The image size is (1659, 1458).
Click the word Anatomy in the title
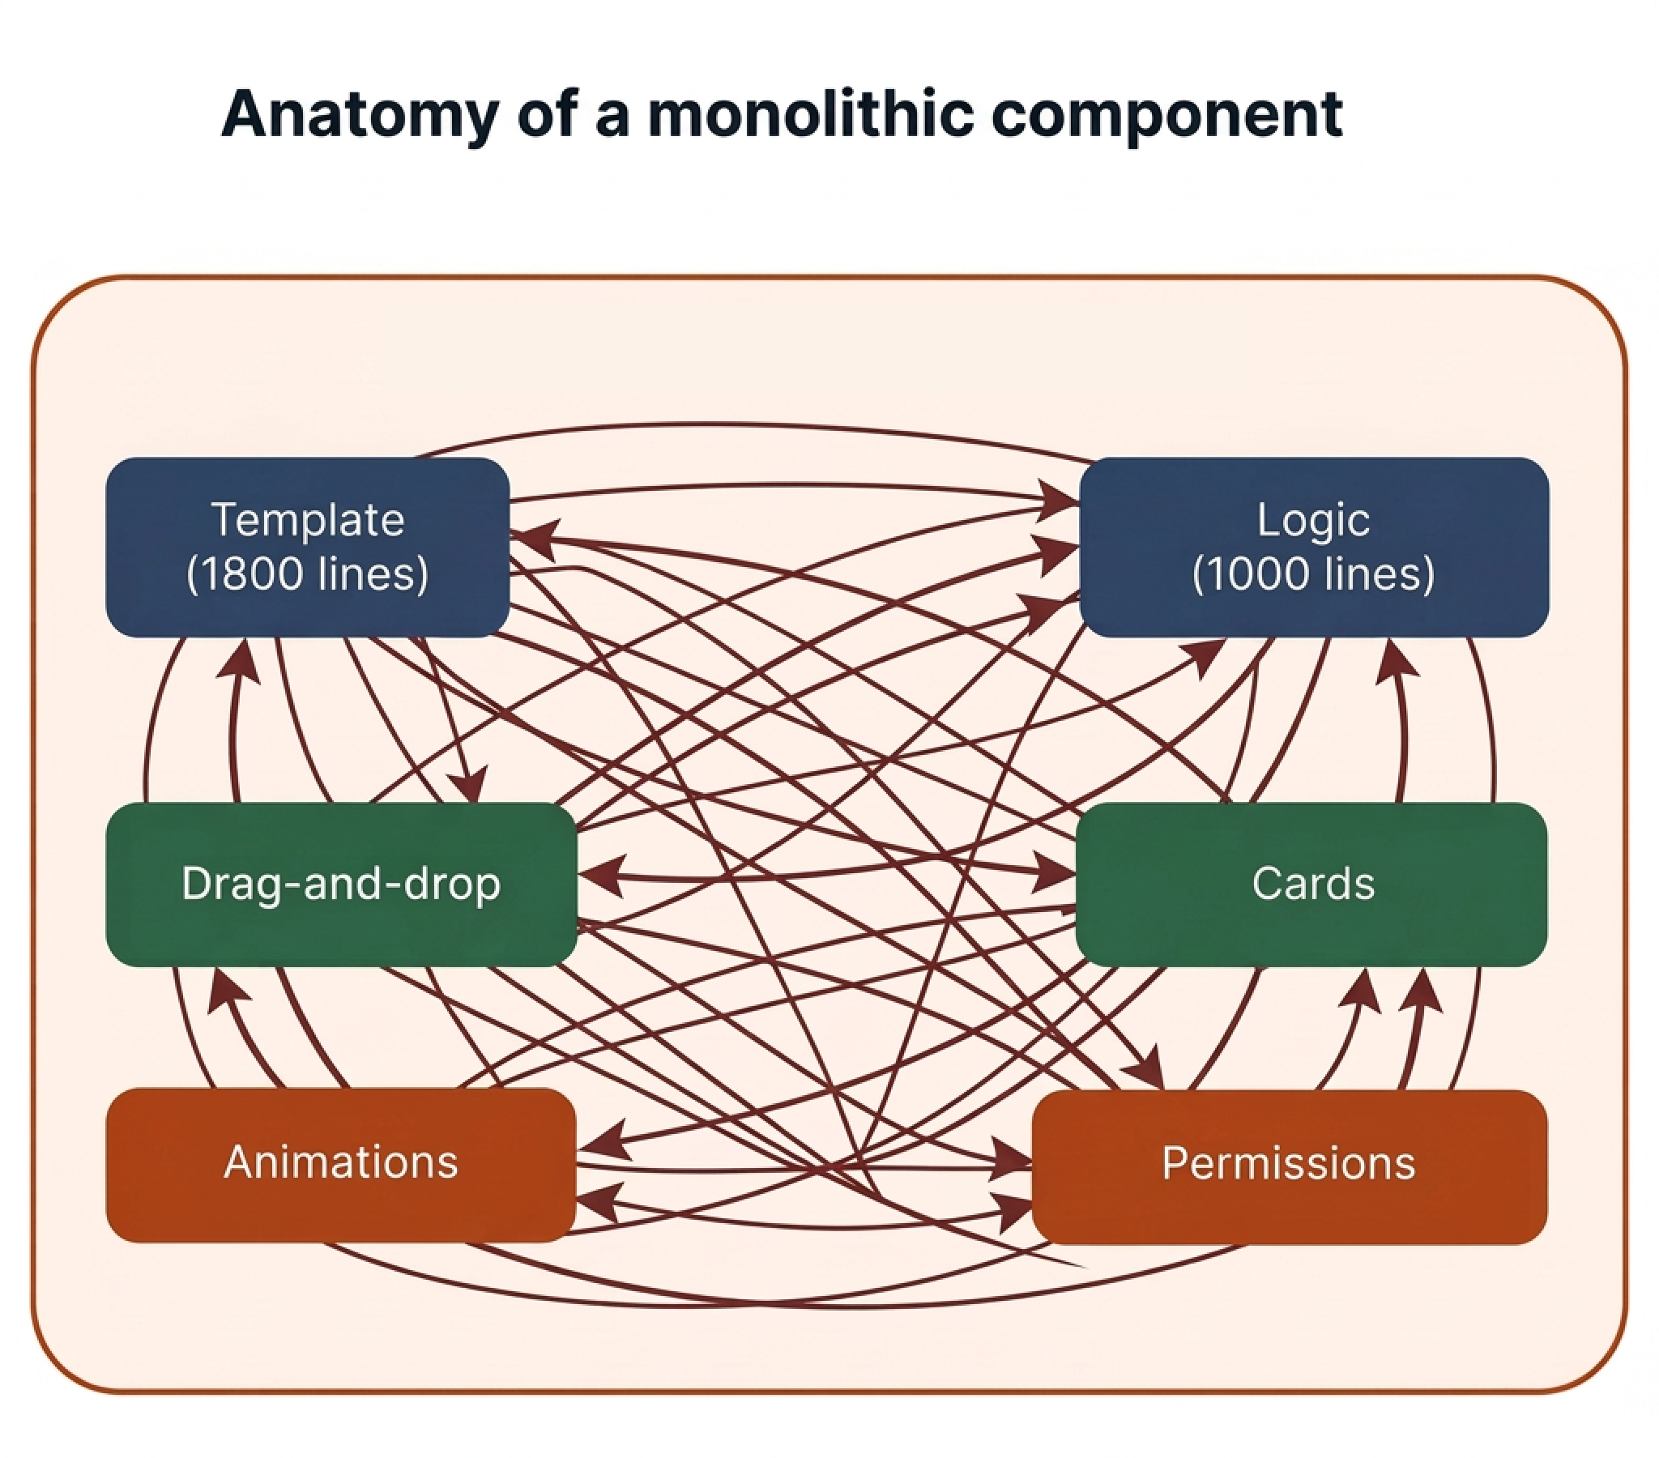(360, 114)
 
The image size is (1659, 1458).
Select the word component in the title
(1166, 114)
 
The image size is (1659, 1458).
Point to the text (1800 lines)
(307, 574)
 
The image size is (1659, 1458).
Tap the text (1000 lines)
(1312, 574)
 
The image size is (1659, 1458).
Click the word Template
(308, 519)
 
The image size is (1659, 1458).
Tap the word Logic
(1312, 519)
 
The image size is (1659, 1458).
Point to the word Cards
(1312, 883)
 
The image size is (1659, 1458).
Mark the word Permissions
(1288, 1162)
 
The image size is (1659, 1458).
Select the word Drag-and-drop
(341, 883)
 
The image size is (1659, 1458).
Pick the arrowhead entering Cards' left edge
(1056, 872)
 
